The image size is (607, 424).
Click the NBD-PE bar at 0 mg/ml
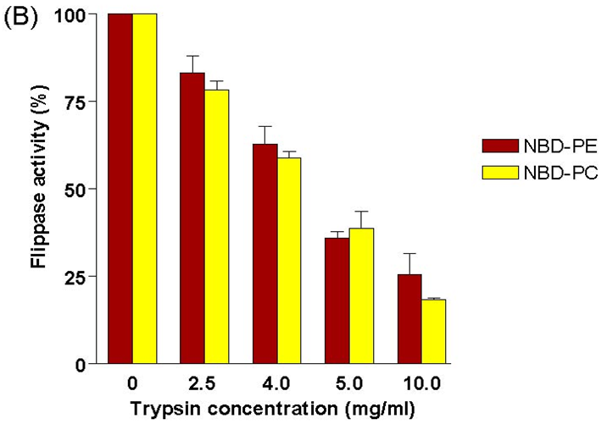pos(120,189)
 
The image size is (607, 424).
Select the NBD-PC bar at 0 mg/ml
pos(144,189)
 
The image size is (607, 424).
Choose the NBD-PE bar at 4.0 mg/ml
pos(265,254)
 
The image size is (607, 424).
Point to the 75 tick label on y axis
pos(85,102)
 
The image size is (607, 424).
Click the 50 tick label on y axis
pos(85,190)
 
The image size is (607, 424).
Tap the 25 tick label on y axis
pos(85,277)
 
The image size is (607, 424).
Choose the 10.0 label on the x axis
pos(421,383)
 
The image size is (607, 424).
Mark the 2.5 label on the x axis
pos(204,383)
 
